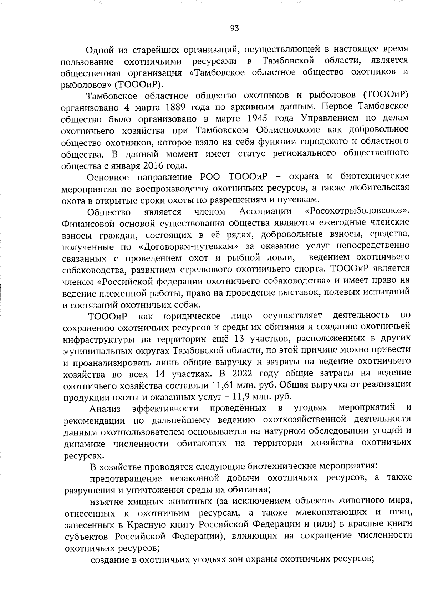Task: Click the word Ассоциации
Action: (265, 211)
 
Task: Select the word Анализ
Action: (105, 409)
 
